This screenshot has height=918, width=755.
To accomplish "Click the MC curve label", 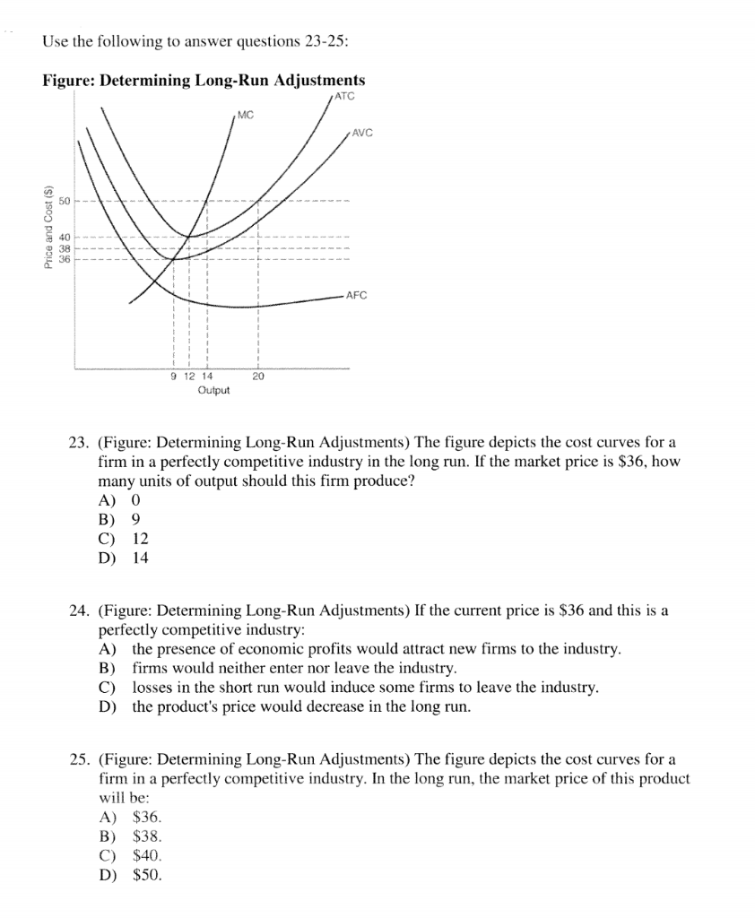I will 246,114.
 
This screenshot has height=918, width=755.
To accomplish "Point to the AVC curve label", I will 361,134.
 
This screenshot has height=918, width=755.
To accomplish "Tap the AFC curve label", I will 356,295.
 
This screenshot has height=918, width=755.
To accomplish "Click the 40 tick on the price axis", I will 65,237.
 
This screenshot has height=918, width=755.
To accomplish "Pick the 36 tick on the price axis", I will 65,258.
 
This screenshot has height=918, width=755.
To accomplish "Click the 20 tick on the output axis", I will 258,377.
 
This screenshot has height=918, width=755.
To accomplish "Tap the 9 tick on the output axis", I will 173,377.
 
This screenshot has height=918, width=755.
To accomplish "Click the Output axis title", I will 213,390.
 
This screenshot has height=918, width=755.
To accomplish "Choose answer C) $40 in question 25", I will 130,855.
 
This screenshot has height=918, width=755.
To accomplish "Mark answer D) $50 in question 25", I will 130,874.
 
